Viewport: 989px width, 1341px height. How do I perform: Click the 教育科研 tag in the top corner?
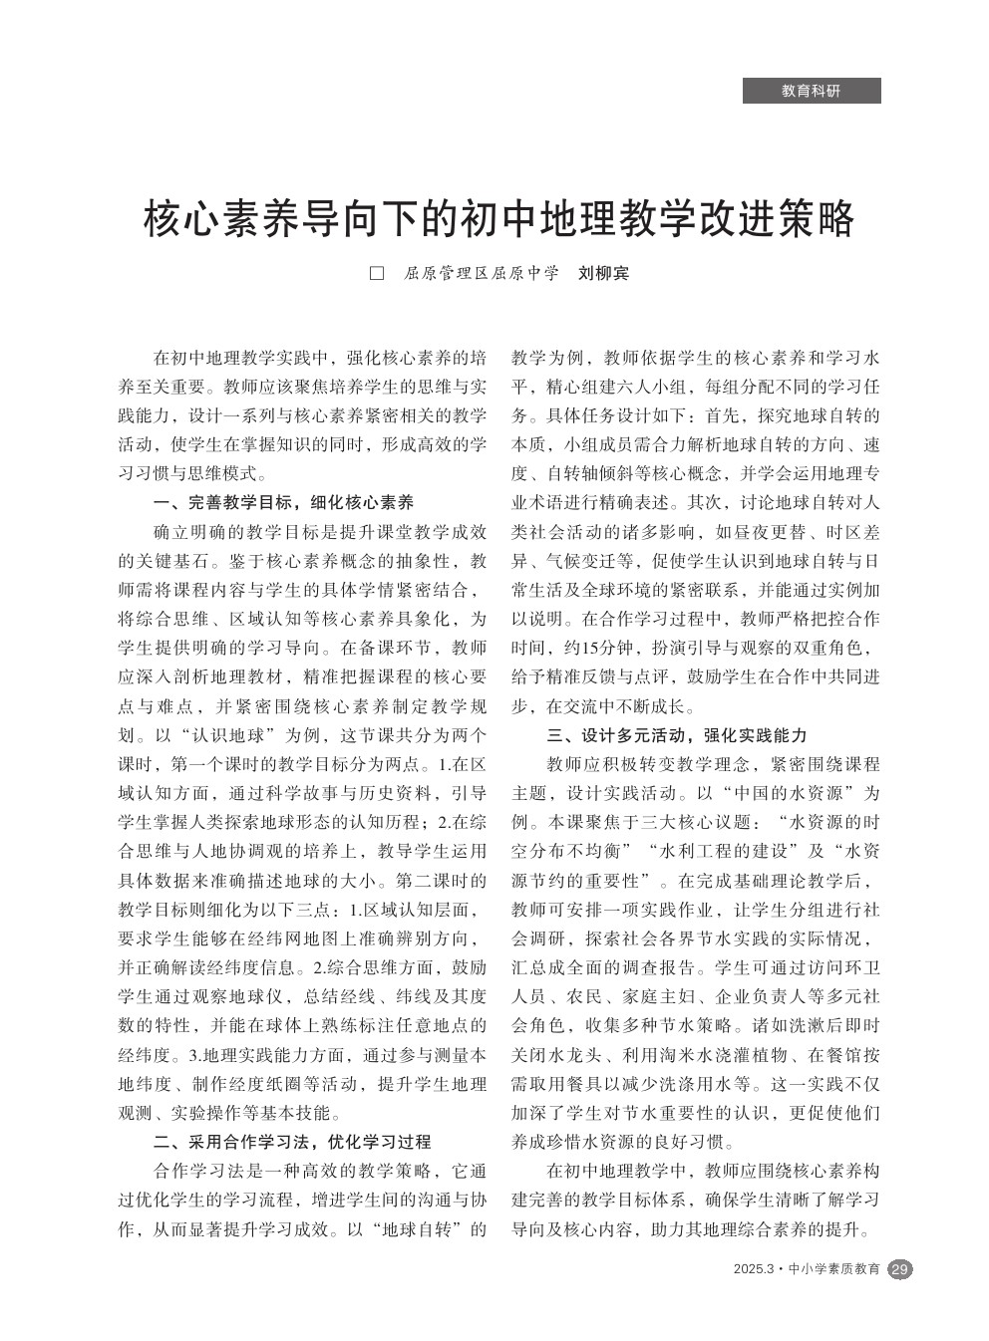pyautogui.click(x=812, y=91)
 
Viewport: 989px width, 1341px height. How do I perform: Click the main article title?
pyautogui.click(x=499, y=219)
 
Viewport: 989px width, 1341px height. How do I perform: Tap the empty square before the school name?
pyautogui.click(x=377, y=273)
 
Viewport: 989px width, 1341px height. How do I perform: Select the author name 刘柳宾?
pyautogui.click(x=604, y=273)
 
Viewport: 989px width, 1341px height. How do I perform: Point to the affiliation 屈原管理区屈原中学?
pyautogui.click(x=482, y=273)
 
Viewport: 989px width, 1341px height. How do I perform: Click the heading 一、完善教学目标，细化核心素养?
pyautogui.click(x=283, y=502)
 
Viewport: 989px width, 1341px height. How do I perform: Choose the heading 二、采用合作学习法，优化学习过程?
pyautogui.click(x=292, y=1142)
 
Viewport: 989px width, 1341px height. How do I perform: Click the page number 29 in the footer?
pyautogui.click(x=899, y=1269)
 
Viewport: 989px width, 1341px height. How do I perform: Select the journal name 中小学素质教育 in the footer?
pyautogui.click(x=834, y=1269)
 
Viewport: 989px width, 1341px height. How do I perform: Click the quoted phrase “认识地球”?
pyautogui.click(x=227, y=737)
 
